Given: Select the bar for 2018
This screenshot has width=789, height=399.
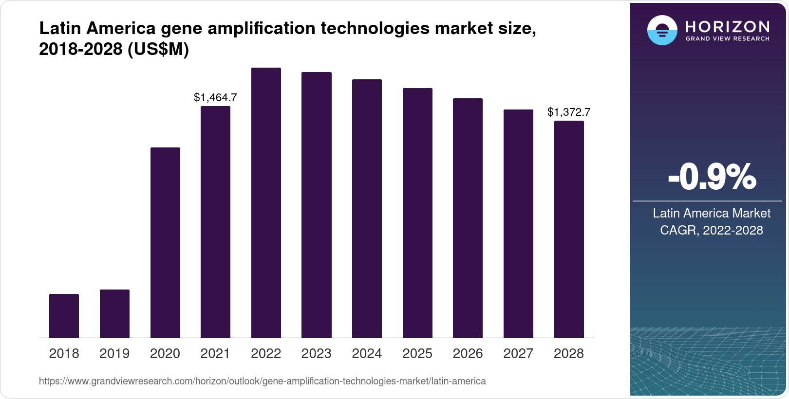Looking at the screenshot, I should coord(64,316).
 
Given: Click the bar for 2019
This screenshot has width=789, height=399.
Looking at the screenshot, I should coord(114,314).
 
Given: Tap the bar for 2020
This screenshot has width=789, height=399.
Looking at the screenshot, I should coord(165,243).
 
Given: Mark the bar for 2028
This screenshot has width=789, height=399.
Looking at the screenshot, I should coord(569,229).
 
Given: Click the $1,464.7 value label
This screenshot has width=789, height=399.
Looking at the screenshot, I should coord(215,97).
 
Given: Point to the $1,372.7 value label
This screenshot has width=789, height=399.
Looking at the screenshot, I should coord(569,112).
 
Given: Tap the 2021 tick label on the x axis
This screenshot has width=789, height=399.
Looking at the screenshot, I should coord(215,353).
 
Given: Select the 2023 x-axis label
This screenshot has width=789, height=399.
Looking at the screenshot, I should coord(317,353).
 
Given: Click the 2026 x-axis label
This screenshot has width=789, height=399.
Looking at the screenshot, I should coord(468,353).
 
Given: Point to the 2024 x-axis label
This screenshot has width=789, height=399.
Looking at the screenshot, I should coord(367,353).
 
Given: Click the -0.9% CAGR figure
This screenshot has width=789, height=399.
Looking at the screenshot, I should coord(712,177).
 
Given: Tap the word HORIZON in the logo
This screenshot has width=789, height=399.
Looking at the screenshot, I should coord(727,26).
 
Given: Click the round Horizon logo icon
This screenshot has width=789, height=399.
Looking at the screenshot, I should coord(662,31).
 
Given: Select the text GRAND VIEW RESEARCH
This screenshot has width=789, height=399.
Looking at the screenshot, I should coord(727,39).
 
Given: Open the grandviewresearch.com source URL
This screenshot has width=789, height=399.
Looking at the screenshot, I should coord(262,381).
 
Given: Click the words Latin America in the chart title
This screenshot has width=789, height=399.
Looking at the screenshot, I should coord(97,29).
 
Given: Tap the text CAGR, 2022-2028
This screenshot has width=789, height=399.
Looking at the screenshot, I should coord(711,230).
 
